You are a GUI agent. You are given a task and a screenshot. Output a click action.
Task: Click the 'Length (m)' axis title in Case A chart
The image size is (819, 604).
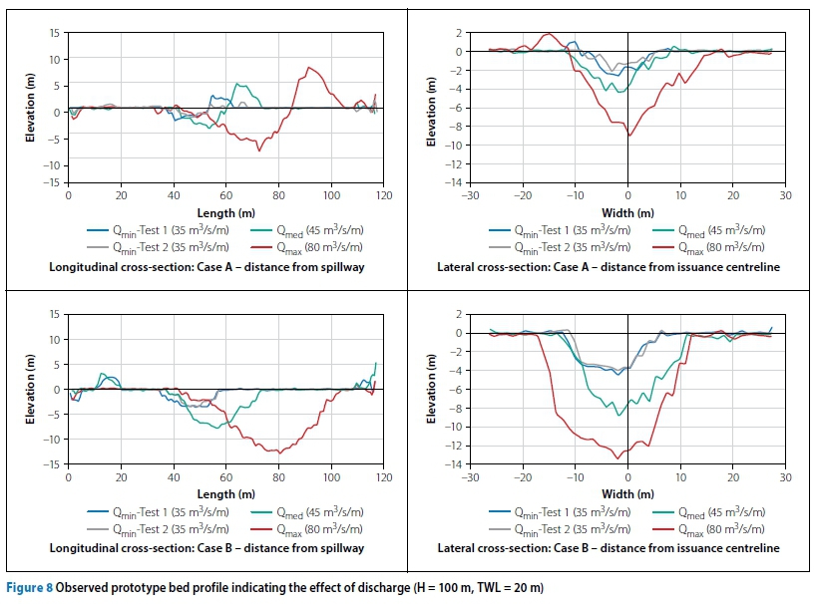(225, 212)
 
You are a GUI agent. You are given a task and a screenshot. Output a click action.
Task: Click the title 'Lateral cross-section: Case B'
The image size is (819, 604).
(608, 548)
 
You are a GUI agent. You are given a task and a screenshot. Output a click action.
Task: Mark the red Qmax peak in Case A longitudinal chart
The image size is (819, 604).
(309, 68)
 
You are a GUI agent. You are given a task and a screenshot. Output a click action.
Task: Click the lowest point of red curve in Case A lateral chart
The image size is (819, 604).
(628, 136)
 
